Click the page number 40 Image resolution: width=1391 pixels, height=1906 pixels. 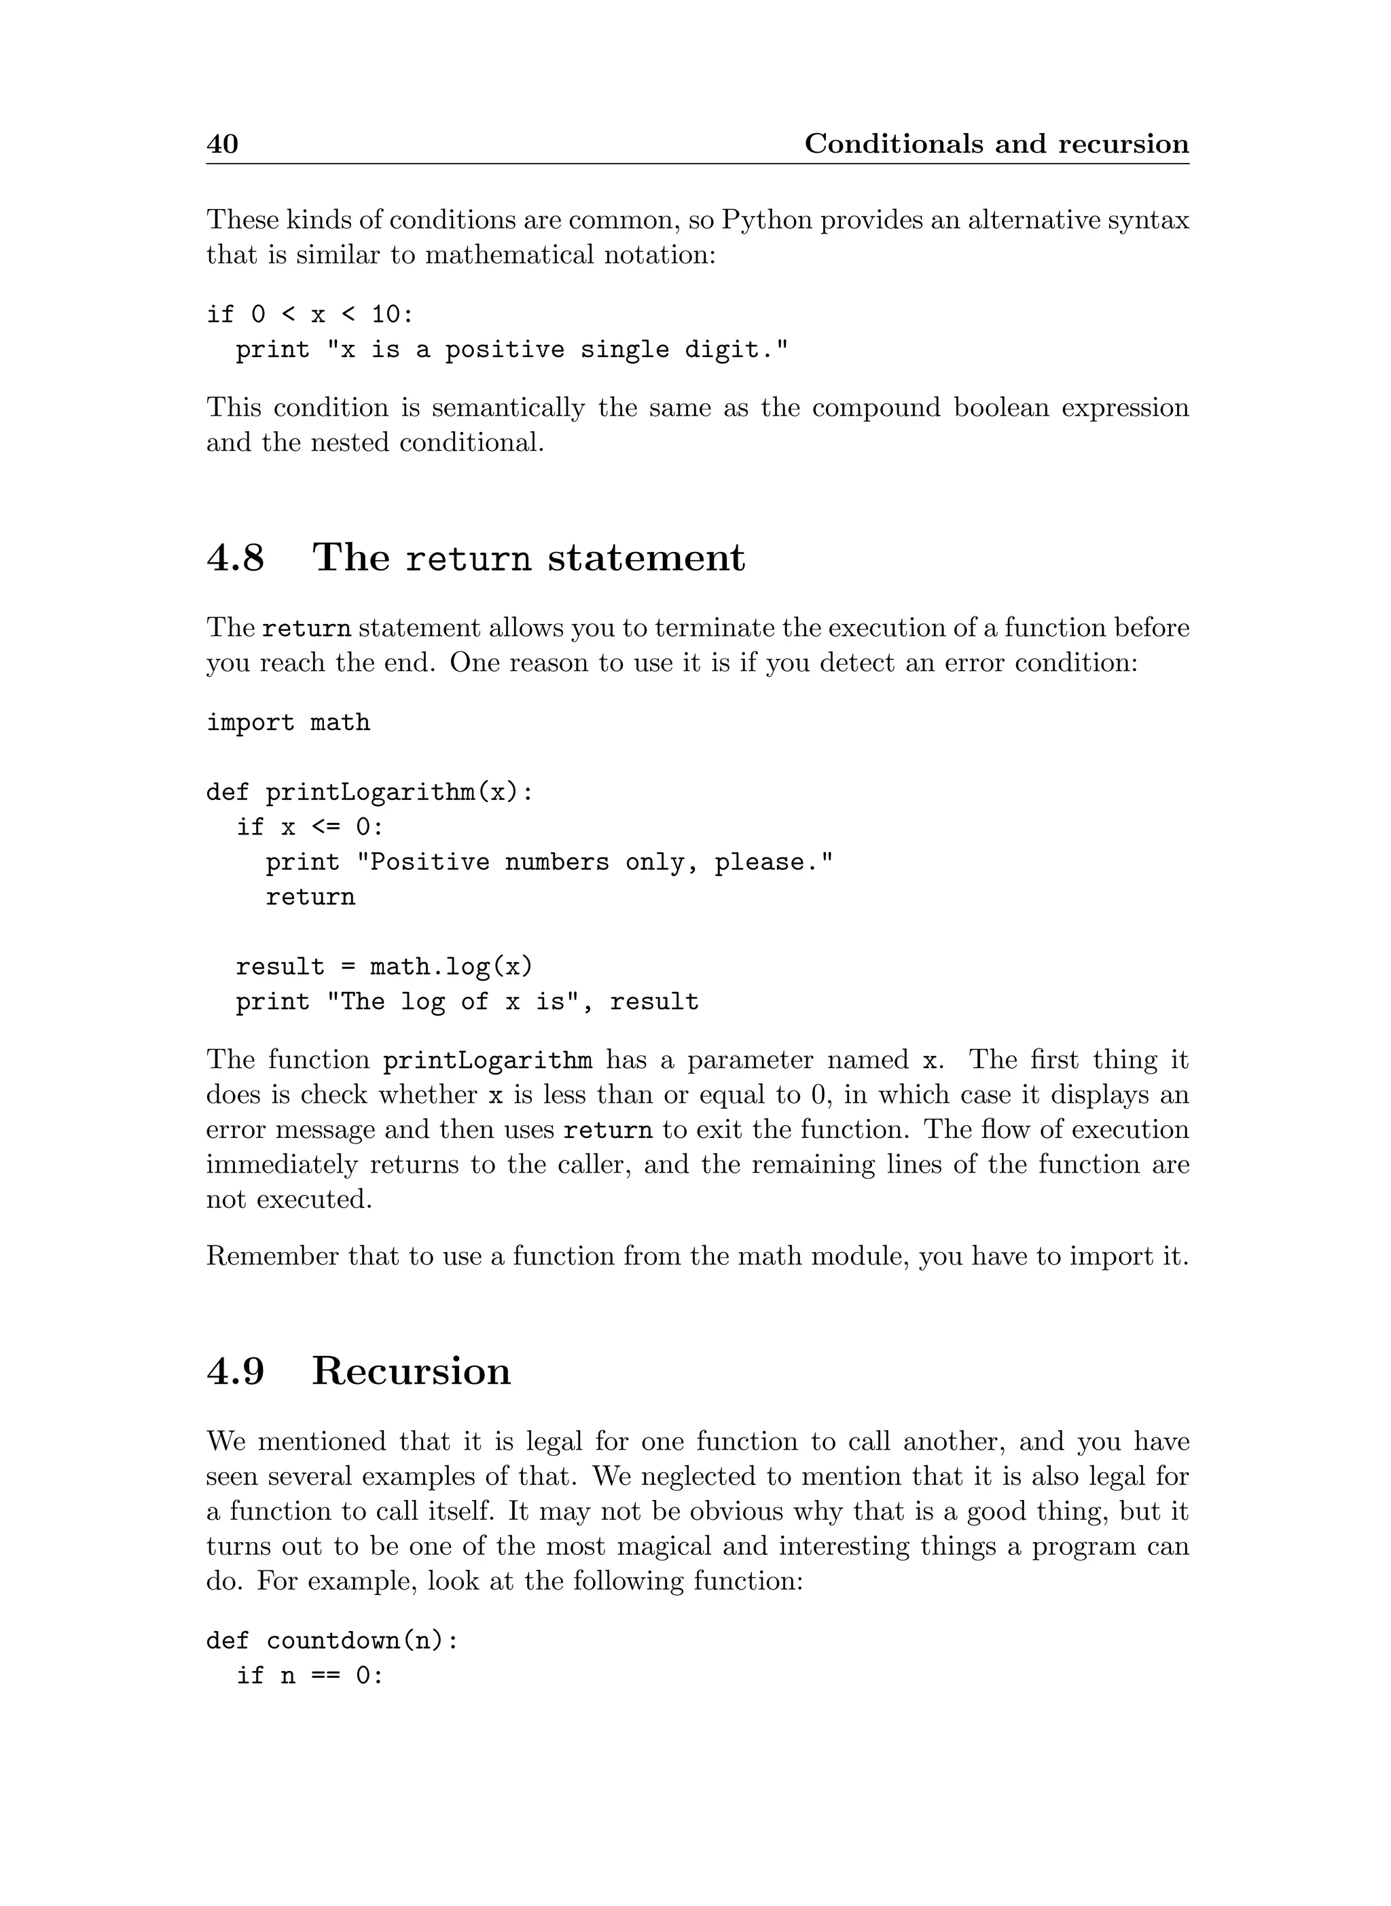point(222,144)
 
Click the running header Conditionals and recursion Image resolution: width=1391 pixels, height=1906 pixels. point(996,144)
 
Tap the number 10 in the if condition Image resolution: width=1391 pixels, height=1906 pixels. point(386,315)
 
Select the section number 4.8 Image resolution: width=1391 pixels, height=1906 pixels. point(235,557)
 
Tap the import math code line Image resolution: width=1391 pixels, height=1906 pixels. point(288,723)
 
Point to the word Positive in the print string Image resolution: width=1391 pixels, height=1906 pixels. point(429,863)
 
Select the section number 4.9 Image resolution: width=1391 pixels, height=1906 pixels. point(235,1372)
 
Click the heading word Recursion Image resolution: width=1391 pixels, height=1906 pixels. point(411,1372)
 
